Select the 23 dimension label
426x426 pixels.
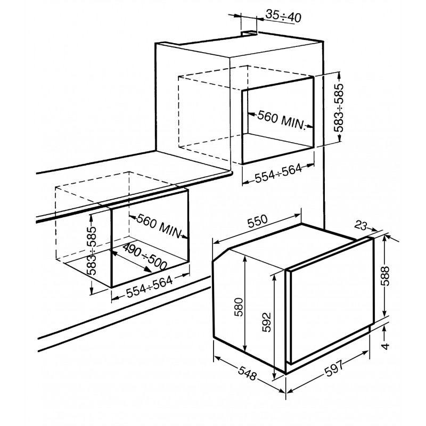362,225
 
